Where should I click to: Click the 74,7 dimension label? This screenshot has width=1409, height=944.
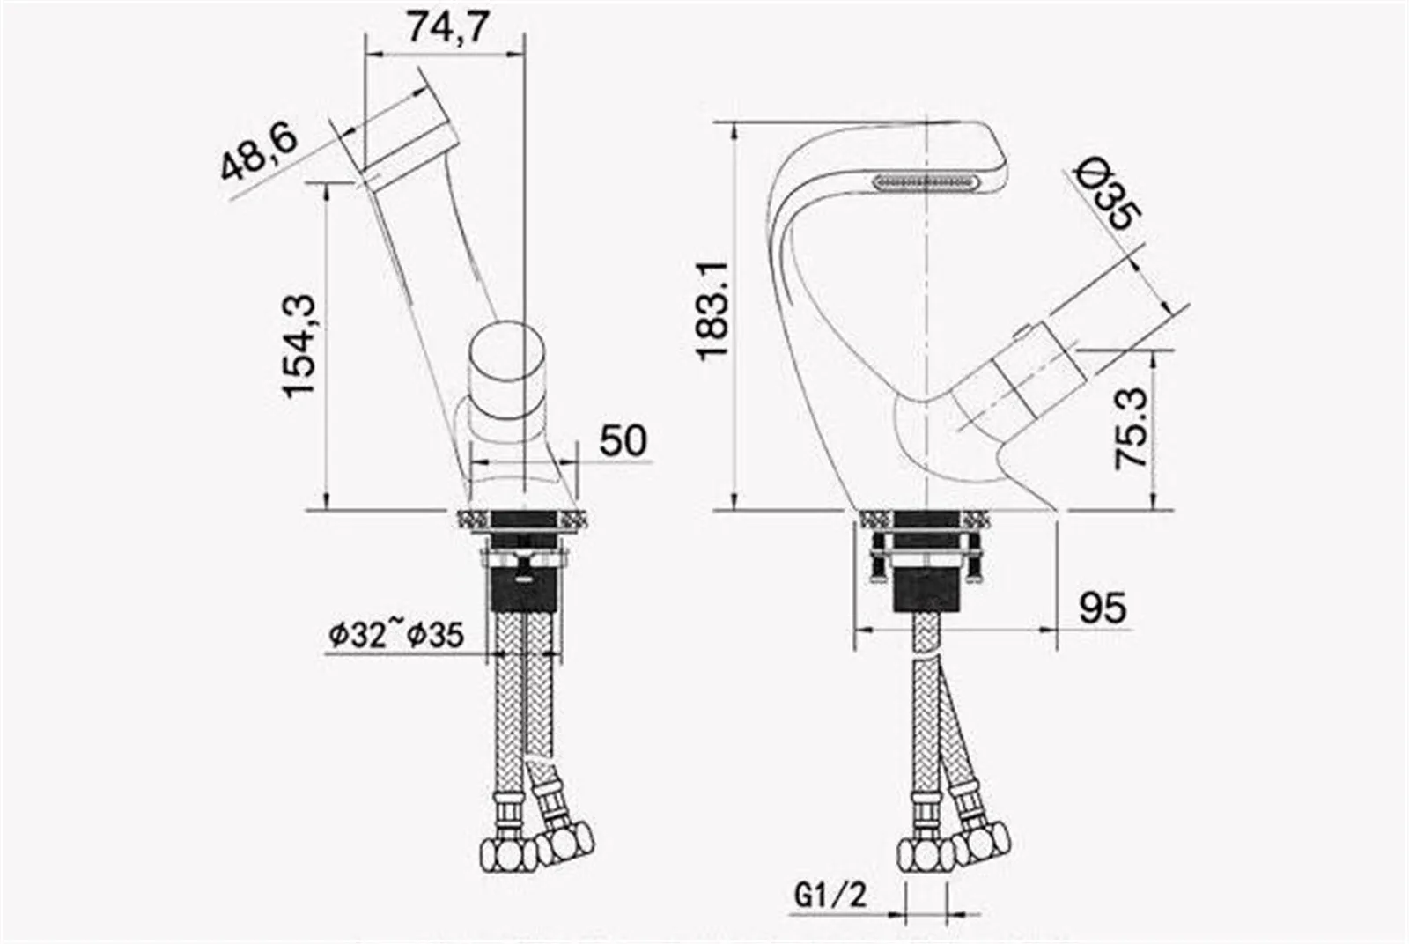coord(447,27)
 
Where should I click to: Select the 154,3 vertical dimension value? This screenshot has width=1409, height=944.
coord(299,346)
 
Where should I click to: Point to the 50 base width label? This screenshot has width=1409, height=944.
coord(623,440)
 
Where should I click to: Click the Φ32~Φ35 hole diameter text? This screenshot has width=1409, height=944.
coord(396,635)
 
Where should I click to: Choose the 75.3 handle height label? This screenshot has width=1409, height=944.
coord(1131,429)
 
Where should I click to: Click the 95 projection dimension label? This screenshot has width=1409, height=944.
coord(1103,608)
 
